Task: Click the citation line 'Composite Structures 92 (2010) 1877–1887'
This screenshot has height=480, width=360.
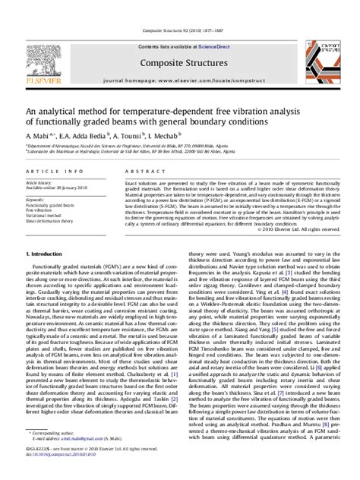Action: pyautogui.click(x=179, y=10)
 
